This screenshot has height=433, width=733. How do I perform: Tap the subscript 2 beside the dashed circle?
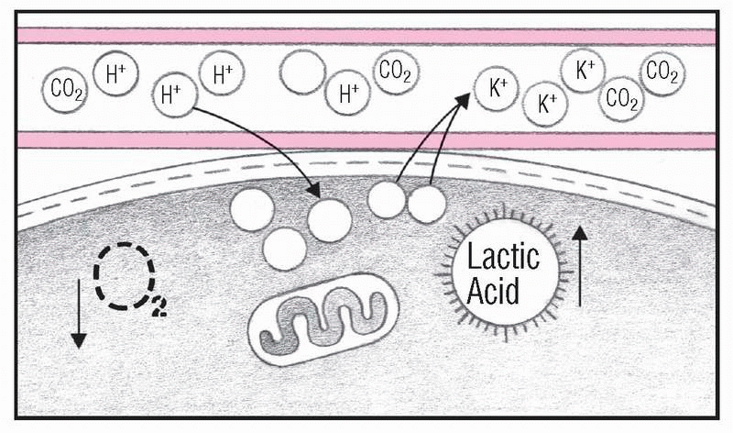click(158, 309)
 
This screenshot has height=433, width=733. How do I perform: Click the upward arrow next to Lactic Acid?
click(580, 265)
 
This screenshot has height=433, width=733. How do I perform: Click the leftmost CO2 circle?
click(64, 90)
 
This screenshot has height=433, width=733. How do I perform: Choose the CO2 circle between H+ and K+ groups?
click(396, 72)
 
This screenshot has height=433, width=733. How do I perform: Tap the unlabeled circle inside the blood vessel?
click(303, 72)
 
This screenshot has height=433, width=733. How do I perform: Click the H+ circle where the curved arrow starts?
click(175, 94)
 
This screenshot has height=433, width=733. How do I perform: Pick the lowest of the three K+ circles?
click(547, 104)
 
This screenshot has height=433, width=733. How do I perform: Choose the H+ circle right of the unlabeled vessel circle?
click(349, 92)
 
